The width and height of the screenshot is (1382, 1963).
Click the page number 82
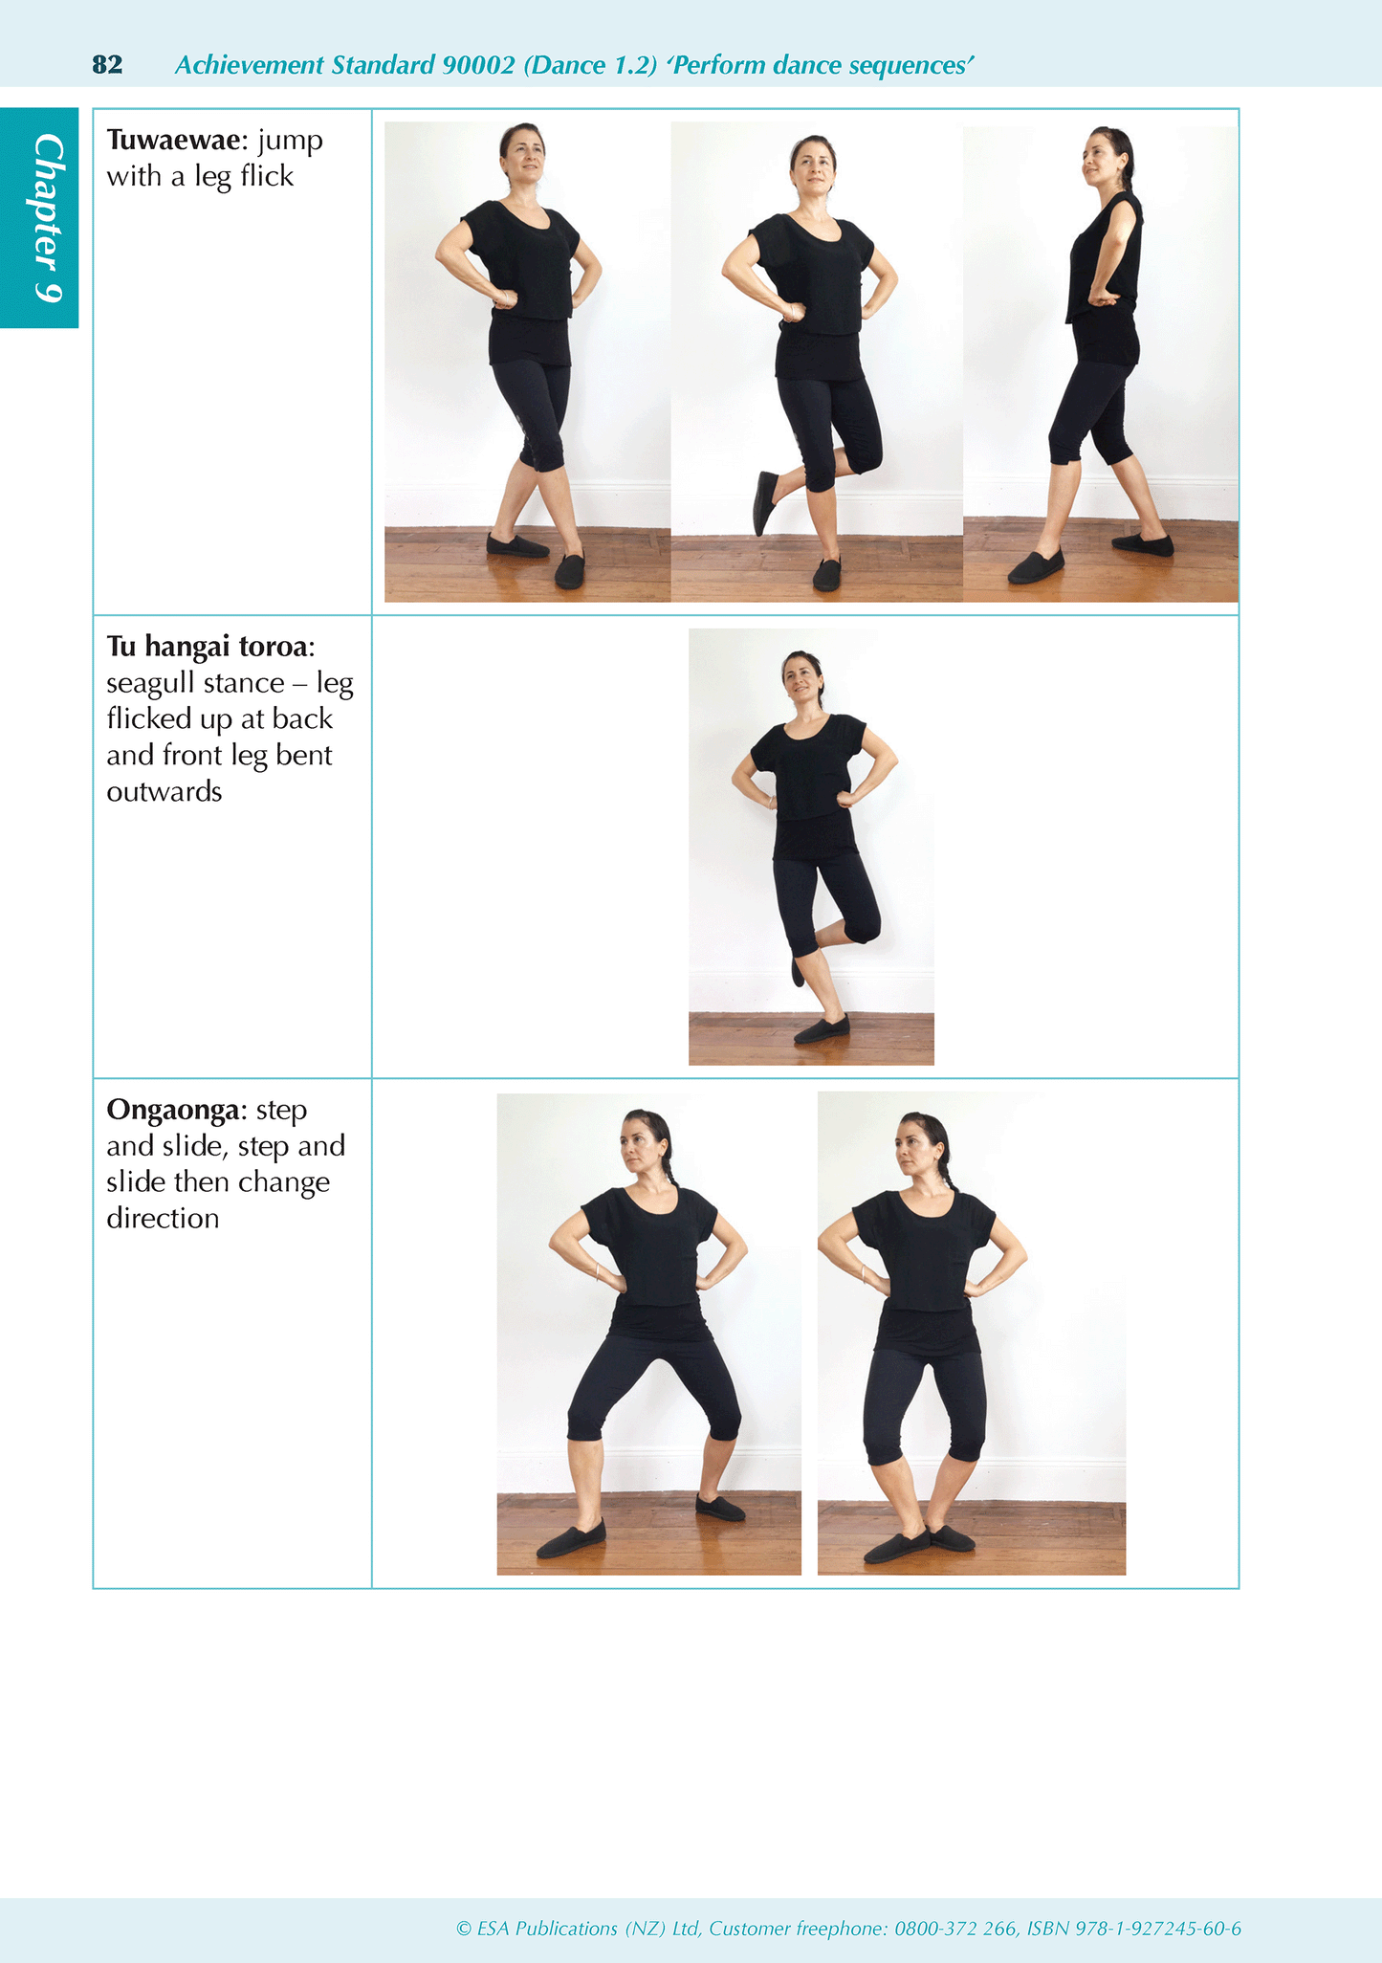point(107,65)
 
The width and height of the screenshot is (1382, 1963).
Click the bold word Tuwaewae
point(173,141)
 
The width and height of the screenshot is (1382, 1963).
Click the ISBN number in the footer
point(1158,1929)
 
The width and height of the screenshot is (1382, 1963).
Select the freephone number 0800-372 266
point(955,1929)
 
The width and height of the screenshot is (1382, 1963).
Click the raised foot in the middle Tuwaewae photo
point(765,501)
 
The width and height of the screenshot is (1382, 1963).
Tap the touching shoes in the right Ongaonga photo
point(918,1543)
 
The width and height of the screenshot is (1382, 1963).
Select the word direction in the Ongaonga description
point(163,1219)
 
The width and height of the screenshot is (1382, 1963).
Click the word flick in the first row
point(267,177)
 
